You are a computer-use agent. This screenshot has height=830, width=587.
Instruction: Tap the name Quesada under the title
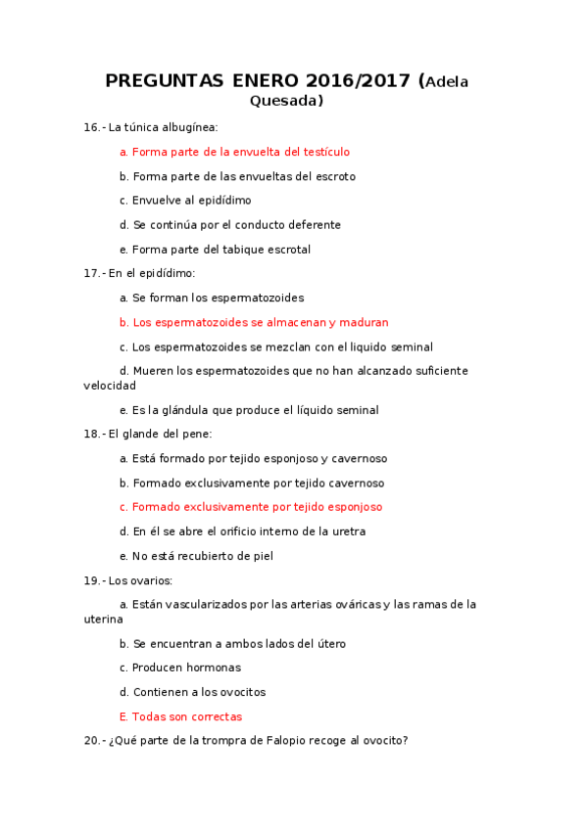tap(286, 100)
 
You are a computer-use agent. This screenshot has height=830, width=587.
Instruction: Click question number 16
tap(92, 127)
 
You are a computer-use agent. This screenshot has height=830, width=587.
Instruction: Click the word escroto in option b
tap(333, 176)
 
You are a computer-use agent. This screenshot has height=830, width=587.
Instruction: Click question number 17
tap(92, 273)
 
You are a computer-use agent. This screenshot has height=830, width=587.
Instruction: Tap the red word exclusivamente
tap(222, 507)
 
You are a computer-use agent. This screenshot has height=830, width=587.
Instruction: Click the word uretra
tap(348, 531)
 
